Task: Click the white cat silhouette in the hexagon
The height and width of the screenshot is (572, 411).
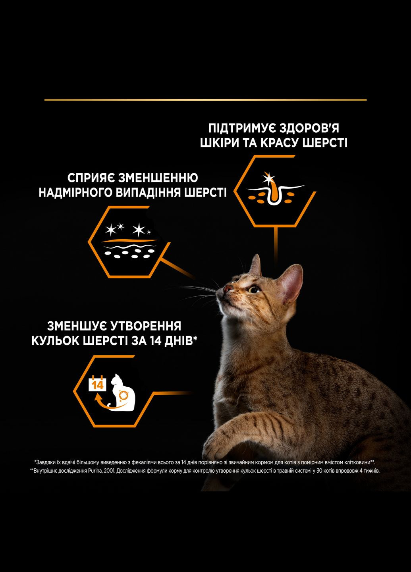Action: [123, 391]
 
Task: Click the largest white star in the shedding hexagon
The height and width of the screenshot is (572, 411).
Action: [139, 230]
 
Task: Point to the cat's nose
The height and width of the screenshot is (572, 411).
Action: [226, 288]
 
